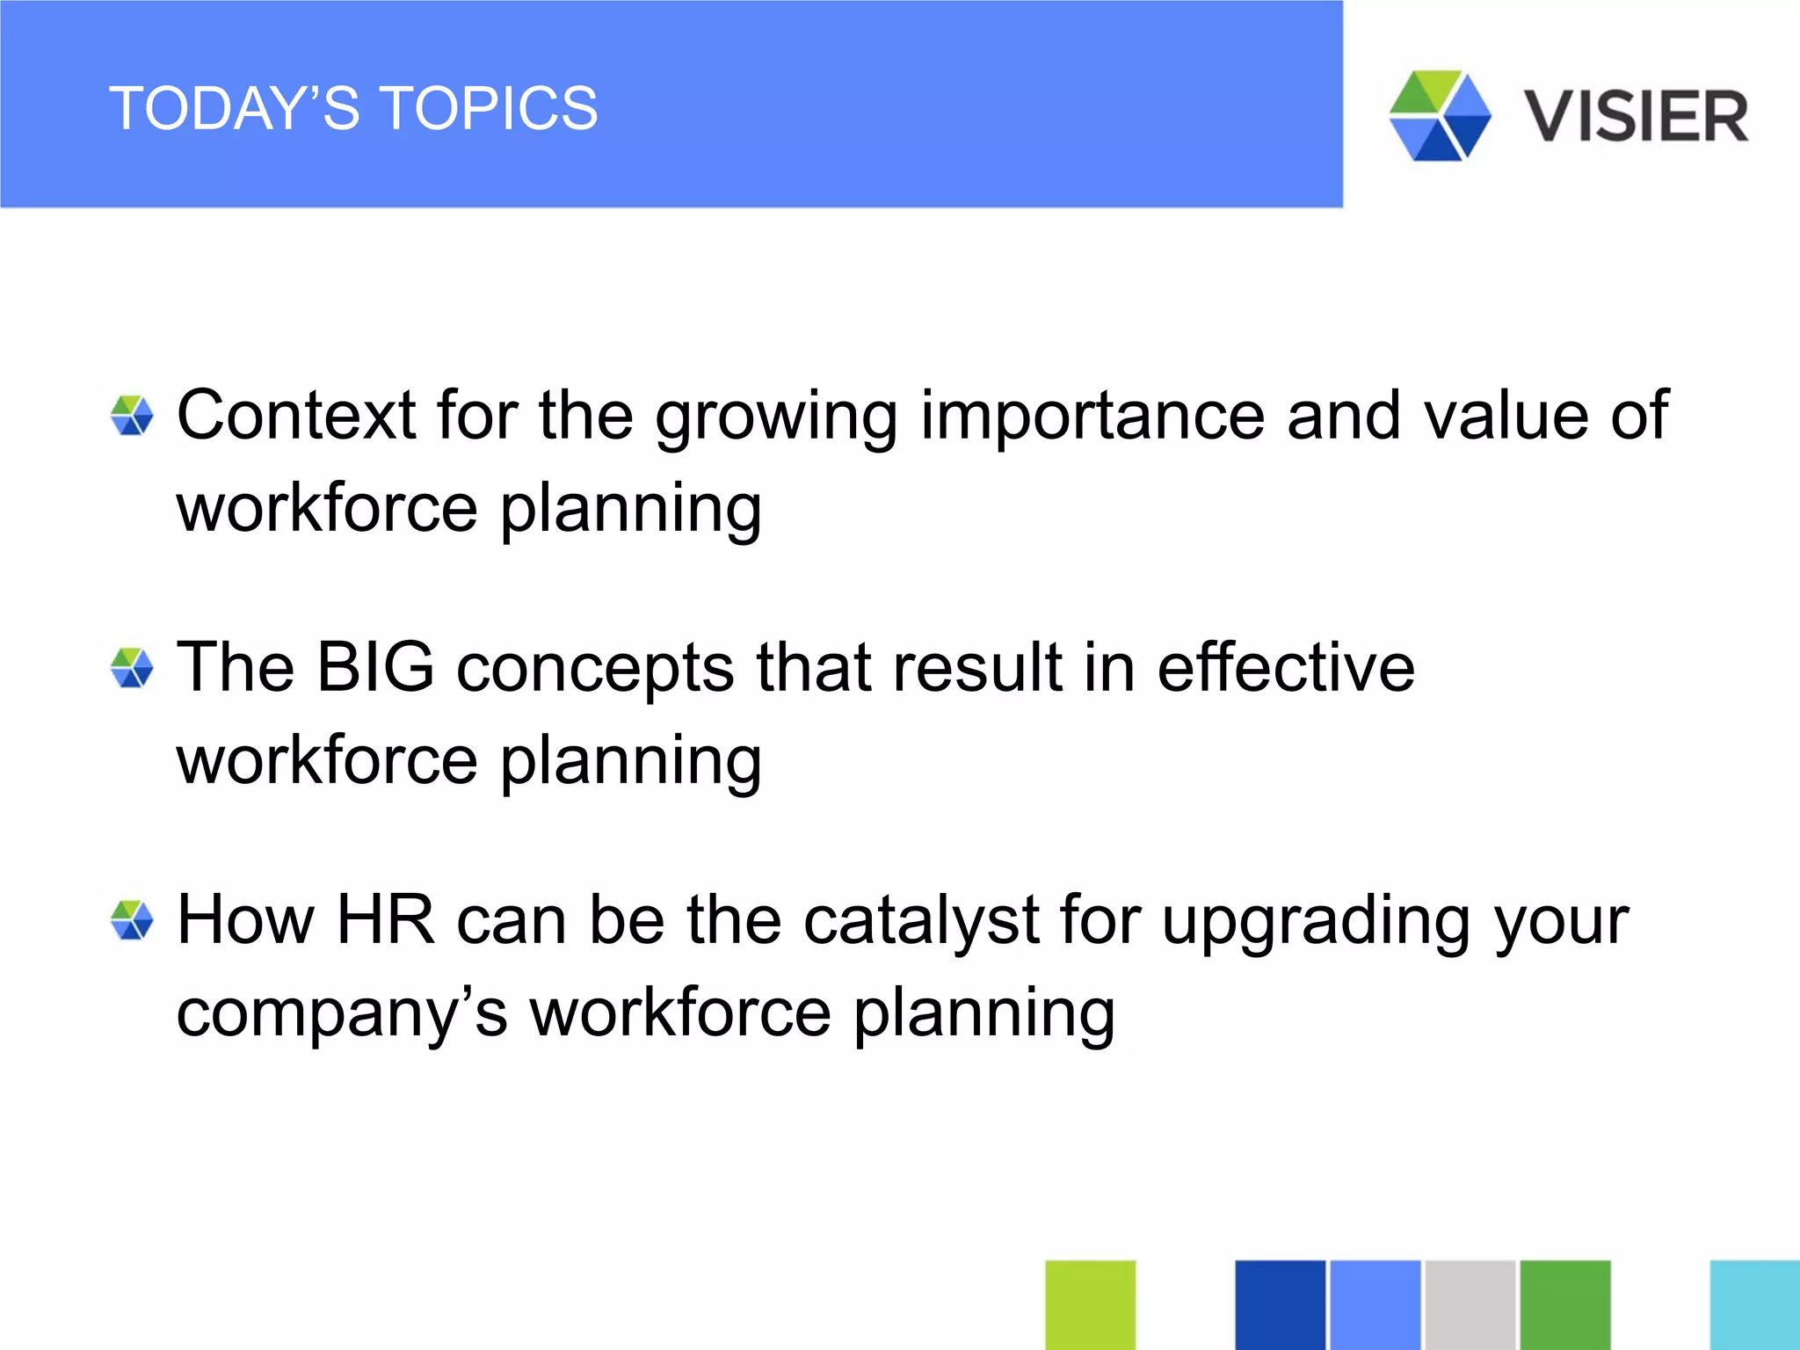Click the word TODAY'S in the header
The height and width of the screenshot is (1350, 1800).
[x=234, y=109]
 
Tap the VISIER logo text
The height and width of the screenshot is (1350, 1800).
[x=1636, y=117]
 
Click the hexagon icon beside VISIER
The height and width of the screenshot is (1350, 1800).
[x=1440, y=116]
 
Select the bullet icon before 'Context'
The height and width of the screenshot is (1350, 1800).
[x=132, y=416]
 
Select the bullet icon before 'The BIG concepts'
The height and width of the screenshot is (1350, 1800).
[x=132, y=668]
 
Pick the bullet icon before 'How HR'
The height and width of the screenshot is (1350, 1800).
[x=132, y=920]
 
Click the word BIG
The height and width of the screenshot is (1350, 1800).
[x=375, y=667]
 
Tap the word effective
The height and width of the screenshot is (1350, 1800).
[x=1285, y=667]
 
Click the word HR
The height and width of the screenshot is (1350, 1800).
[x=385, y=919]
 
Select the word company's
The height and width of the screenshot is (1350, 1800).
[x=341, y=1012]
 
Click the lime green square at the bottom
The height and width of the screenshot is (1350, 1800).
[x=1090, y=1304]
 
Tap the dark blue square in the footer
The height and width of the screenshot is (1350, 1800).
[x=1280, y=1304]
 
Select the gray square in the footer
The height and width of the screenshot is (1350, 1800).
[x=1470, y=1304]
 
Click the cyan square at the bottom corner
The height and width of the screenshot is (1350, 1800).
[x=1754, y=1304]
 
